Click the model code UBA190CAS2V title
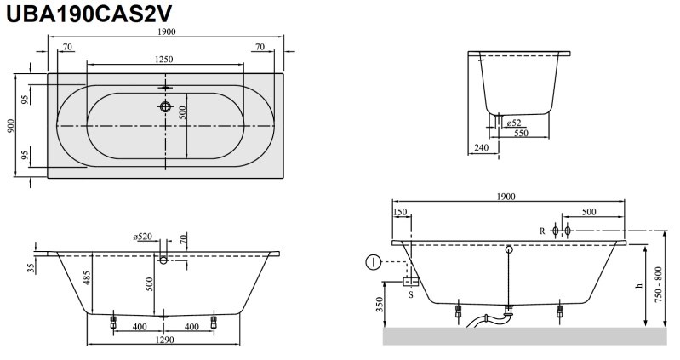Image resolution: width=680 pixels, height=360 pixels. coord(89,14)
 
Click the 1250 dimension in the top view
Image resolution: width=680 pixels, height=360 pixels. coord(164,60)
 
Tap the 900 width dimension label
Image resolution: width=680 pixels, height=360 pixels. coord(11,126)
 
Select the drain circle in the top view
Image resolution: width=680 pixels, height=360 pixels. coord(165,106)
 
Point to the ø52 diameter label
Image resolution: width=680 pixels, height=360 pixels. coord(514,123)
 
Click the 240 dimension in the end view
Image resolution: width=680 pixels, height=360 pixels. coord(482,147)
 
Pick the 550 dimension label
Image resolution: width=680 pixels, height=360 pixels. coord(521,133)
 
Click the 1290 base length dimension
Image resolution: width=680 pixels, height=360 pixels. coord(164,340)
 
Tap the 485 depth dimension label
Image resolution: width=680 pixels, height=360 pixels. coord(87,278)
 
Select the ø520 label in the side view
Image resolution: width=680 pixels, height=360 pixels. coord(143,237)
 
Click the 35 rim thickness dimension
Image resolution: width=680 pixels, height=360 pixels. coord(31,268)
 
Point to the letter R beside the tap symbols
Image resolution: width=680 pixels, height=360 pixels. coord(542,231)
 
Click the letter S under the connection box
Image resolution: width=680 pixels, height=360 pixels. coord(411,295)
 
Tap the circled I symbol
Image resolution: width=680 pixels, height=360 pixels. coord(374,262)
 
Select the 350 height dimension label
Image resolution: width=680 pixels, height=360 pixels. coord(380,305)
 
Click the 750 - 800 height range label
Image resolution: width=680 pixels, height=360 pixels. coord(659,285)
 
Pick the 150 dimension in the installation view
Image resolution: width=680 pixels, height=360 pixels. coord(400,212)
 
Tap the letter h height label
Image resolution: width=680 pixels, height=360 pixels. coord(638,286)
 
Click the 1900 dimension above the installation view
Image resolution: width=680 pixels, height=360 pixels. coord(506,197)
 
